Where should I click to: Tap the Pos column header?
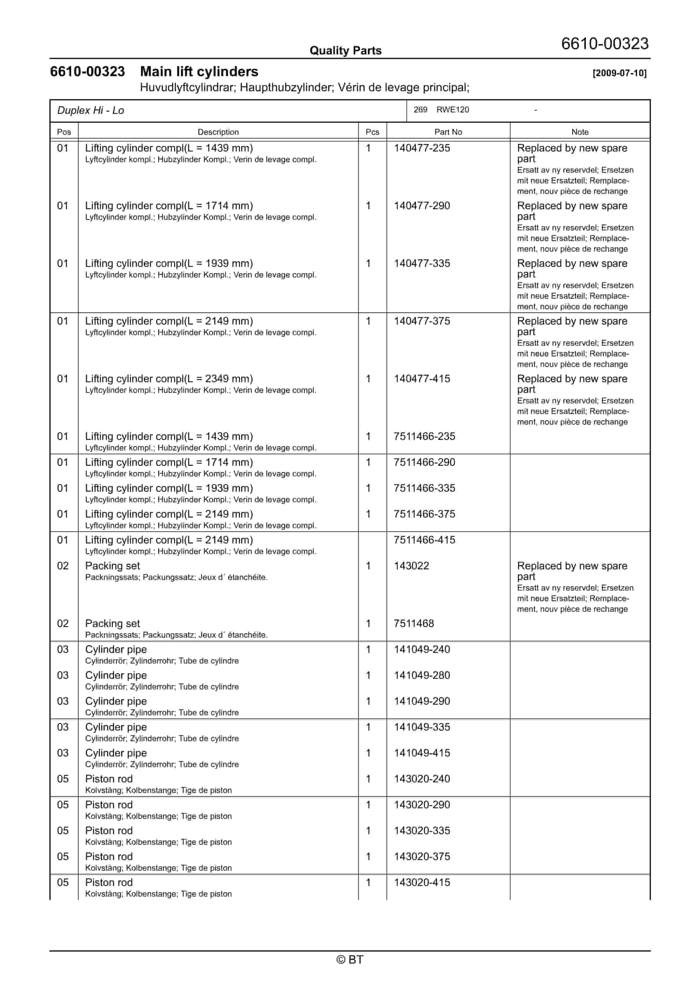pos(64,132)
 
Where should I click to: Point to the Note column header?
pos(580,132)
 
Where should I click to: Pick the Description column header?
pos(218,132)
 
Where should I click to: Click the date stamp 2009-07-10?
pos(619,73)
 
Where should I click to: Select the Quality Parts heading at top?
pos(345,51)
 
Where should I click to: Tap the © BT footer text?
pos(350,960)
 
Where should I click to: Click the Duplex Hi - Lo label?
pos(91,111)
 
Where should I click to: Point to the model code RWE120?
pos(452,110)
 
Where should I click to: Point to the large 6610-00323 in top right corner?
pos(605,44)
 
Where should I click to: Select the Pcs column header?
pos(372,132)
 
